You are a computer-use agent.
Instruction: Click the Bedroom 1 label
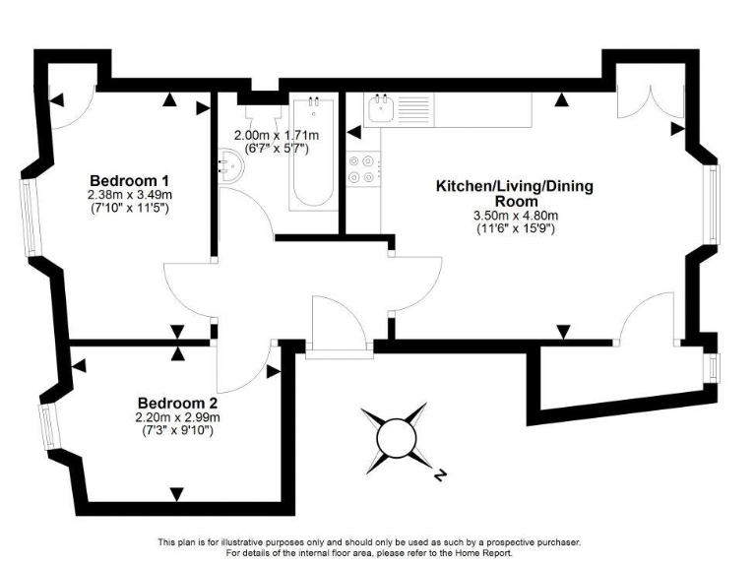130,180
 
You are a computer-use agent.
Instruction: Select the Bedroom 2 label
177,403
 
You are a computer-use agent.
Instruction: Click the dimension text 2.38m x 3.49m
130,195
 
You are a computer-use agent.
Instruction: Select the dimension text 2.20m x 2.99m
177,417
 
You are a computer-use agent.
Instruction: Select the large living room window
713,205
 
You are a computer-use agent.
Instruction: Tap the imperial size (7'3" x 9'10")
177,430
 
